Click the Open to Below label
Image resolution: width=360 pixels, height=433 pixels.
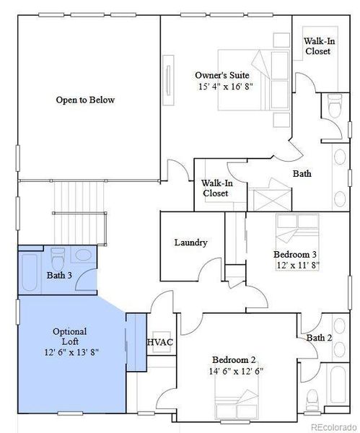coord(85,100)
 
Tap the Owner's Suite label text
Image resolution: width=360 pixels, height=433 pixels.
coord(225,74)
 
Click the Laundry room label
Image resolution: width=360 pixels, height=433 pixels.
coord(191,242)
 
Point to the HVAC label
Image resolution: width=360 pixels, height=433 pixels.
coord(159,341)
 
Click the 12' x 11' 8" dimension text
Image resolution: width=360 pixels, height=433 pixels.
coord(297,265)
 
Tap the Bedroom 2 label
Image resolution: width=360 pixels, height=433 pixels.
coord(234,359)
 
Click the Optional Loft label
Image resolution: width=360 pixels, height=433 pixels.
coord(70,336)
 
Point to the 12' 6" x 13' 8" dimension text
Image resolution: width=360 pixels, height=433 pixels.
coord(71,352)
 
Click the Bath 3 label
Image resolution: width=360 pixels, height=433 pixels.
coord(60,275)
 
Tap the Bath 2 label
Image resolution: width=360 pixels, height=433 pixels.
coord(319,338)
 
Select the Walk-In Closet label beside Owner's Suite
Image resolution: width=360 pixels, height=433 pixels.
coord(318,47)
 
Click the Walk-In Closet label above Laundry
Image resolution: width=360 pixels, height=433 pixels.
coord(215,188)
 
